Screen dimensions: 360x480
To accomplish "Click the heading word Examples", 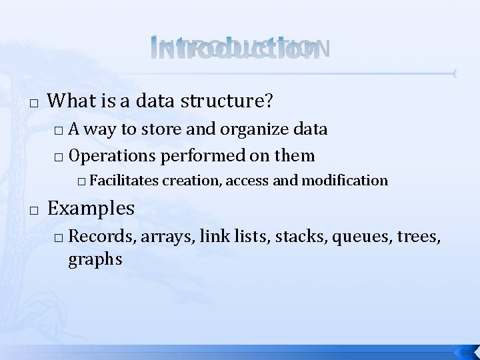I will tap(92, 208).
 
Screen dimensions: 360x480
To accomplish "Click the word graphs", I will tap(95, 259).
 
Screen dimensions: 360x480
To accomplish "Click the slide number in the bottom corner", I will tap(465, 351).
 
